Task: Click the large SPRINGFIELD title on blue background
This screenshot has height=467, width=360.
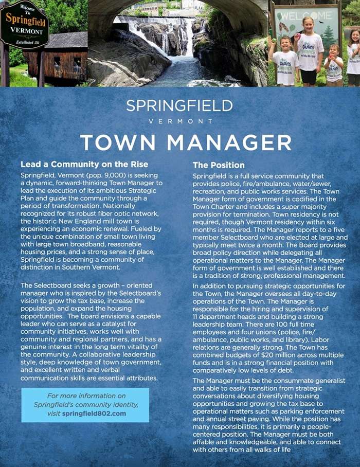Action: click(179, 106)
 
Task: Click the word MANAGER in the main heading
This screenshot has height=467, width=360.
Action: click(227, 142)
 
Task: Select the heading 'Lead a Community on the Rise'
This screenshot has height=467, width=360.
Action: click(84, 165)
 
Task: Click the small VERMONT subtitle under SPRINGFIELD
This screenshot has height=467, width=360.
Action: click(180, 121)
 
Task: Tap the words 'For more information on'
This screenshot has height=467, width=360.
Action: click(86, 396)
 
